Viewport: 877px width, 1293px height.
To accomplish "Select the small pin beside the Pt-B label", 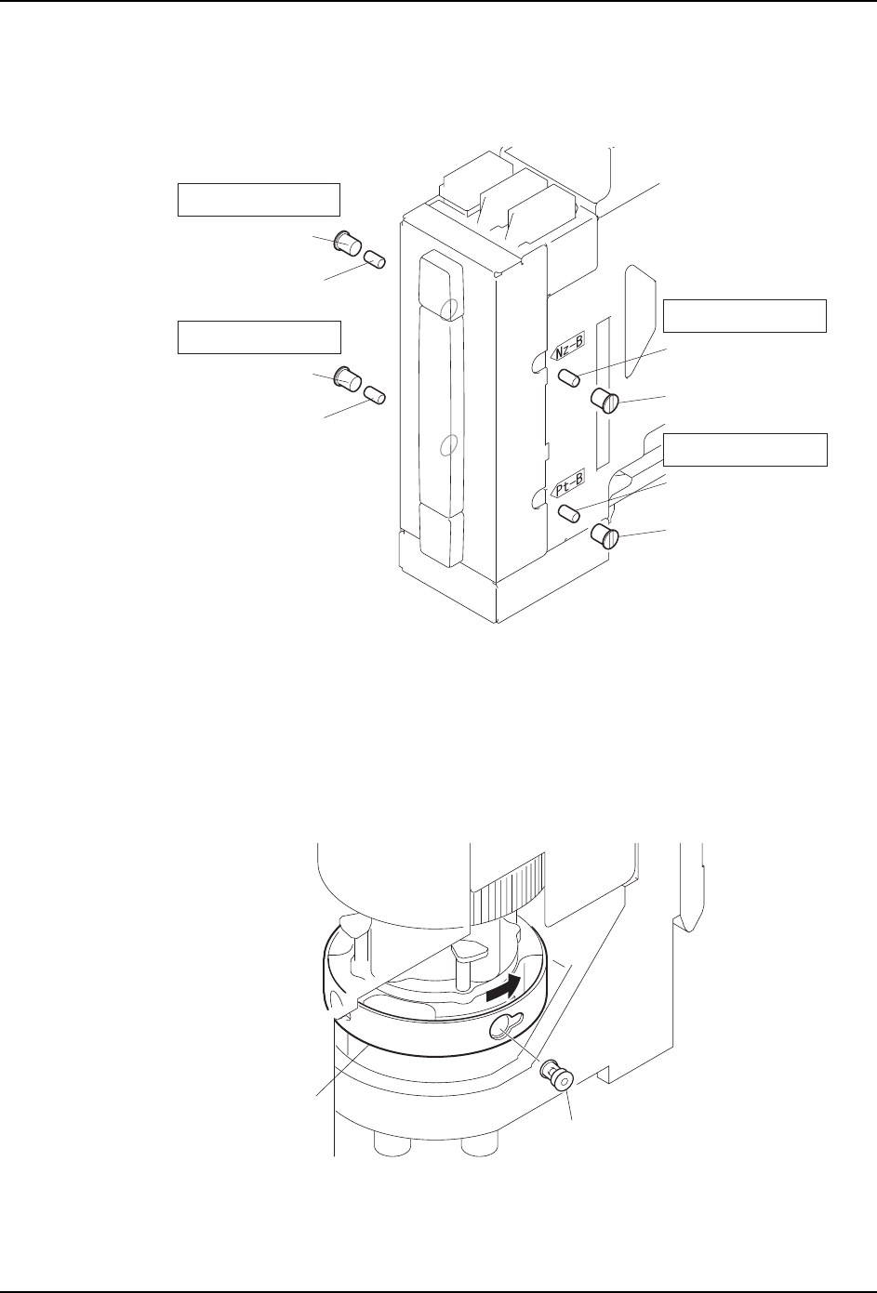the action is tap(569, 512).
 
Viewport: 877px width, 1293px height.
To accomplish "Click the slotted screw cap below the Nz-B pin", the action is tap(605, 402).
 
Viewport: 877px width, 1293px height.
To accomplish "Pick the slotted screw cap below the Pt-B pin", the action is tap(605, 536).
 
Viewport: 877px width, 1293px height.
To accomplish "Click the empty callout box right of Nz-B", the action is tap(744, 316).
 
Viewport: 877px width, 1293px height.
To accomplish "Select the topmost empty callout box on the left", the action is tap(259, 200).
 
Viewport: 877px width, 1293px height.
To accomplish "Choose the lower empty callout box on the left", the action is tap(259, 336).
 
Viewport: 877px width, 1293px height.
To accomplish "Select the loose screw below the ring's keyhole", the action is tap(558, 1075).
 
